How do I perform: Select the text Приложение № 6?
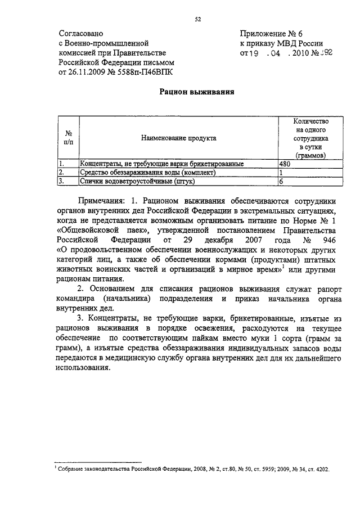click(x=268, y=34)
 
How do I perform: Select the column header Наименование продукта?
click(x=178, y=137)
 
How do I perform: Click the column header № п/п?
click(x=68, y=137)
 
